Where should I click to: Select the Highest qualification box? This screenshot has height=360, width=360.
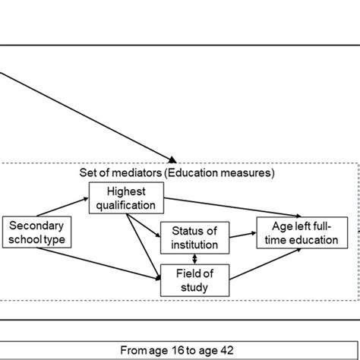point(125,197)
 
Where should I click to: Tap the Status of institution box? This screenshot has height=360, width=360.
point(194,237)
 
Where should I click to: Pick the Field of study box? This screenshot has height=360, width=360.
point(194,281)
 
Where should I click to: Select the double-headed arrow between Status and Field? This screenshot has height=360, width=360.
point(194,258)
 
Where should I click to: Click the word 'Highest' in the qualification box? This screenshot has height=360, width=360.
point(125,191)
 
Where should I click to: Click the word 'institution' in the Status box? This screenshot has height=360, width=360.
point(194,244)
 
